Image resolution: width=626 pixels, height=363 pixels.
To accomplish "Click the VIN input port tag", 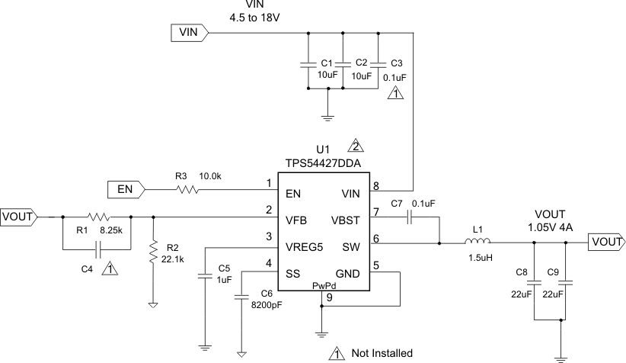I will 187,32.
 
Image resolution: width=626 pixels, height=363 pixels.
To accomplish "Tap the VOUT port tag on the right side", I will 606,242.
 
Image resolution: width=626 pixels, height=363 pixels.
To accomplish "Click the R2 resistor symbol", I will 154,250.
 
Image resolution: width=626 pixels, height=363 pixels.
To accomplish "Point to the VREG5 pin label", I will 304,246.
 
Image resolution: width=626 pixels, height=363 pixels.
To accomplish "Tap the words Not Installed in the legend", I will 382,353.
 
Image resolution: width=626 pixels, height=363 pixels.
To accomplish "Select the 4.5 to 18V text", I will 251,17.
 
